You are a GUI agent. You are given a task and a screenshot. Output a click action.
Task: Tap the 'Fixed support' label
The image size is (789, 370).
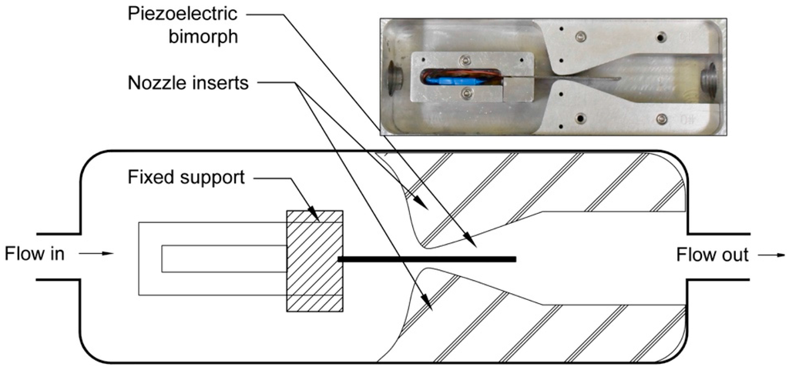click(186, 178)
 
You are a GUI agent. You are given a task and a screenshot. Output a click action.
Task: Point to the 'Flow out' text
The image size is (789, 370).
click(712, 255)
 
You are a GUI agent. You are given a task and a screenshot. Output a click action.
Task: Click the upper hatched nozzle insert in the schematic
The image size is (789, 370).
click(539, 185)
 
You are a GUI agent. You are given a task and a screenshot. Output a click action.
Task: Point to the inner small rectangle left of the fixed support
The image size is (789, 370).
click(223, 258)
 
